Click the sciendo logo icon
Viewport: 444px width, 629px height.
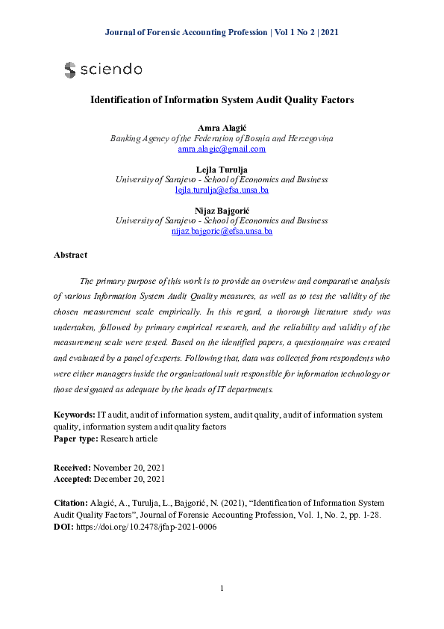70,70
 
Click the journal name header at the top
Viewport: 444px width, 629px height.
222,33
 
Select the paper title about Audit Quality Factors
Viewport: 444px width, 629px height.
222,99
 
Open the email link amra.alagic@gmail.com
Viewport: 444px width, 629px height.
222,149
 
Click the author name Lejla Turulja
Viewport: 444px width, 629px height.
222,170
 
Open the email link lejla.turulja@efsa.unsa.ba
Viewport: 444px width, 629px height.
222,190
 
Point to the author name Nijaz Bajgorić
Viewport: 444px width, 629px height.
222,211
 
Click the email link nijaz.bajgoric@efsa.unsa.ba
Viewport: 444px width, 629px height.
222,232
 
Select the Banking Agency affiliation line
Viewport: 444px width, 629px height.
222,139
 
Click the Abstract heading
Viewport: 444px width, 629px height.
70,255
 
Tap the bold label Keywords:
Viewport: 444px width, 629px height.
75,415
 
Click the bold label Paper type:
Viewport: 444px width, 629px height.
77,439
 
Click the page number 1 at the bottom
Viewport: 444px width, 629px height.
222,589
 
